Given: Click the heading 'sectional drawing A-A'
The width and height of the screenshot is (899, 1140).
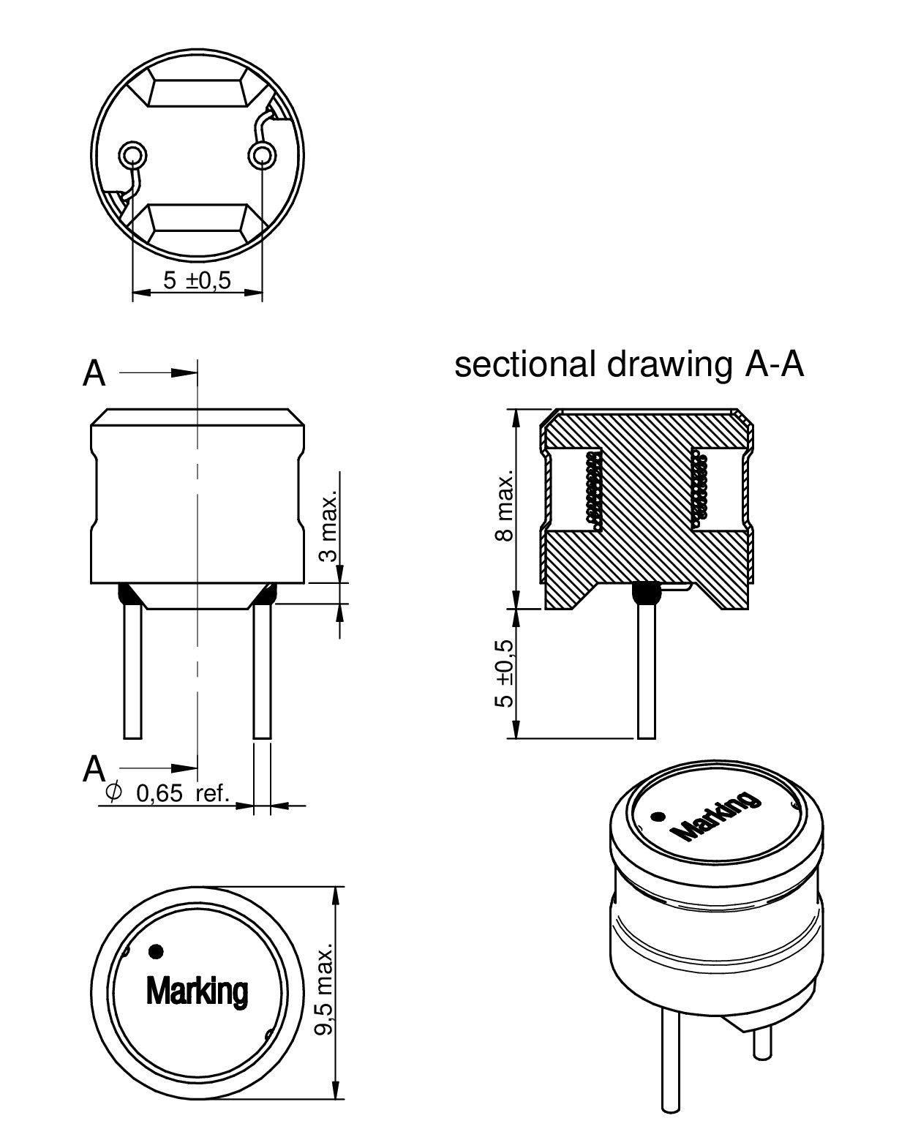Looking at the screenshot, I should tap(628, 365).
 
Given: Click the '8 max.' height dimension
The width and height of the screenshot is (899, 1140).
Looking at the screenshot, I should tap(504, 506).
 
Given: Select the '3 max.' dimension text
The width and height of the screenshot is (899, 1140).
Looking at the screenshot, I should tap(331, 527).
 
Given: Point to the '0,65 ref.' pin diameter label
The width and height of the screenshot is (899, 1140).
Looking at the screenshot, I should tap(182, 793).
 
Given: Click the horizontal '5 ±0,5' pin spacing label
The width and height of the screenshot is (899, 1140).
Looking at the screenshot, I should tap(197, 280).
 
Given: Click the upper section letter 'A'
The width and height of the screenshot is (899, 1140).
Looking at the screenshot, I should tap(94, 374).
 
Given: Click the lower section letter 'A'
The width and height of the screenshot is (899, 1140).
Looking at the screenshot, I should tap(94, 769).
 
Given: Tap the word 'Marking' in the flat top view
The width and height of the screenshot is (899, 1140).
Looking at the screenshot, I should tap(197, 991).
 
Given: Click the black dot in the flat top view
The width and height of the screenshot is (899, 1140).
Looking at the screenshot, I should tap(155, 951).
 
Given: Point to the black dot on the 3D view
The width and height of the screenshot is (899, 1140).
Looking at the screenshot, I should tap(658, 817).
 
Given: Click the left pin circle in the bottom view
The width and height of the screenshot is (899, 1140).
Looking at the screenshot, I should tap(132, 154).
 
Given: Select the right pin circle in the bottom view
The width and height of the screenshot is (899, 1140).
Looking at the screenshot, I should tap(261, 154).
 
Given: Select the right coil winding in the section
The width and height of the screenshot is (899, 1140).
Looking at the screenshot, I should tap(700, 487).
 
